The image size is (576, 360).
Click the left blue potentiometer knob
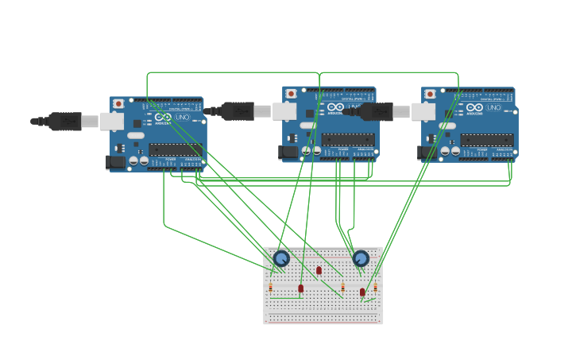coord(281,257)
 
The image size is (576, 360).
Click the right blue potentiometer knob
coord(361,258)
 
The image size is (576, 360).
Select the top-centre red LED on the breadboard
coord(319,271)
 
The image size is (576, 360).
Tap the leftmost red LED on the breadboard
coord(300,288)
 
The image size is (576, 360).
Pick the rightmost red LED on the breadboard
coord(362,292)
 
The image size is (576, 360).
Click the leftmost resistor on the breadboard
coord(270,287)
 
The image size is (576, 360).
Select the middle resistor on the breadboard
coord(342,287)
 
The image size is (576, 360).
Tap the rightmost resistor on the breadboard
coord(376,288)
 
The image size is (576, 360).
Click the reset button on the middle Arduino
coord(291,94)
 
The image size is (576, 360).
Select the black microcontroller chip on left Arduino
coord(175,149)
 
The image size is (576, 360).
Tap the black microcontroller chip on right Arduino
coord(486,140)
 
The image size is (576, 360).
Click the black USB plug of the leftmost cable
coord(64,121)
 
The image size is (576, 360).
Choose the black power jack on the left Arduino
coord(116,162)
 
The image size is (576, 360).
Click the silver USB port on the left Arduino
coord(112,122)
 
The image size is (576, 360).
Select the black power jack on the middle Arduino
coord(289,152)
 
